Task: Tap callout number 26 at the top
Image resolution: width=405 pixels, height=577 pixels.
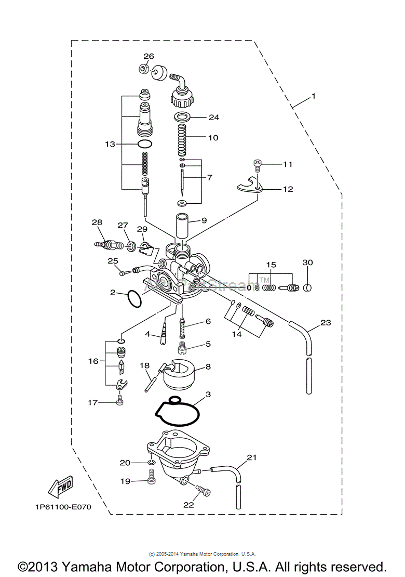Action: (x=148, y=56)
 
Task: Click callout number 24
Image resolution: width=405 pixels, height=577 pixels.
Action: (x=214, y=117)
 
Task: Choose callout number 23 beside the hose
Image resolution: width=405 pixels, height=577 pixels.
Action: (x=326, y=323)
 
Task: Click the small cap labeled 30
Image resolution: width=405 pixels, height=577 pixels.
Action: (x=307, y=287)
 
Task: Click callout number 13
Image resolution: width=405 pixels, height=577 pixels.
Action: (x=109, y=144)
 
